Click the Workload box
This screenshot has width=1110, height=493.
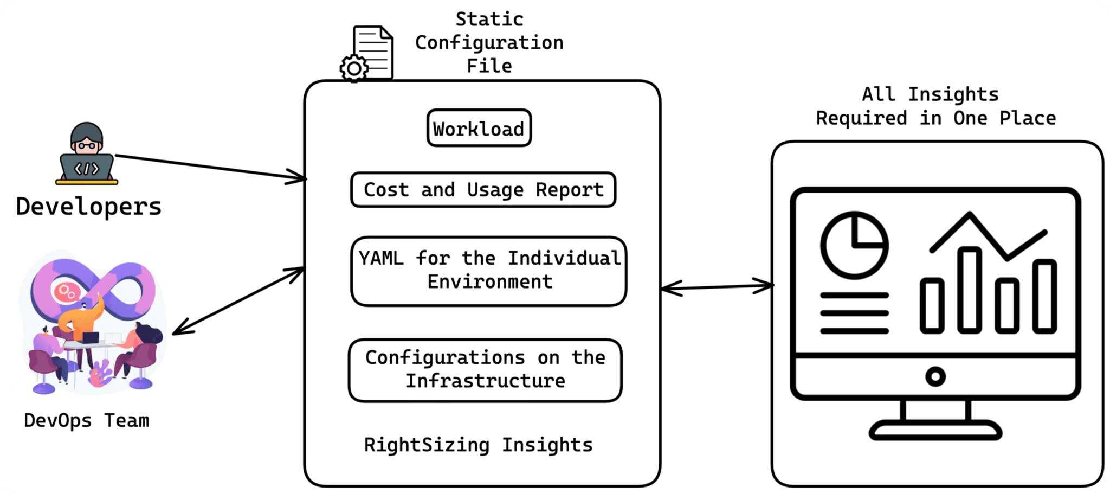coord(479,129)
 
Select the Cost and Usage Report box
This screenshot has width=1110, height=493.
coord(483,190)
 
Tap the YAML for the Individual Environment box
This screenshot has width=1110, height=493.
coord(489,270)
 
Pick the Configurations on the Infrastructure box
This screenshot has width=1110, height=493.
coord(485,369)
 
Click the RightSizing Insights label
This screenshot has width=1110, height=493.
coord(478,445)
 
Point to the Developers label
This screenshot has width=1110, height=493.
coord(88,207)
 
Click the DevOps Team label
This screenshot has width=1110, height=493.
coord(86,420)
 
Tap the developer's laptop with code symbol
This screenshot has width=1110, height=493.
coord(87,168)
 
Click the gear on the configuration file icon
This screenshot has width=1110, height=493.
coord(354,68)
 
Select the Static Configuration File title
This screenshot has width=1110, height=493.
coord(489,42)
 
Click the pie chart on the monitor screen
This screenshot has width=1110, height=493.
coord(854,245)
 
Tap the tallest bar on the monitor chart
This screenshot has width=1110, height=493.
coord(970,290)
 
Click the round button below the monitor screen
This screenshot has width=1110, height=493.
coord(935,376)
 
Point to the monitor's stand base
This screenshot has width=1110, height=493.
coord(935,431)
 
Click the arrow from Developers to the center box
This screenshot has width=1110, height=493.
coord(211,167)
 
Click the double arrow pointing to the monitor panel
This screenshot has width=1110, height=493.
coord(717,287)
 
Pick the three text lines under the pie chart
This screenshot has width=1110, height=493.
coord(854,313)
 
